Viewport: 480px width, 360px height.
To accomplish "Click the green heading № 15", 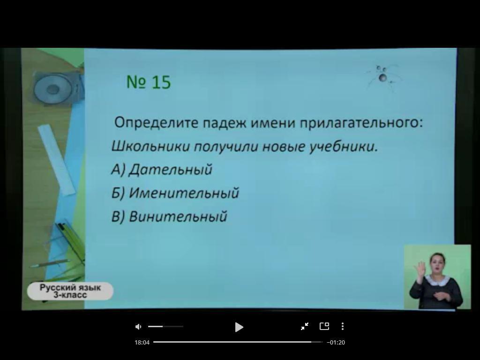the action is click(149, 82).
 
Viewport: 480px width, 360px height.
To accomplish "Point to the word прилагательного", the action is click(361, 123).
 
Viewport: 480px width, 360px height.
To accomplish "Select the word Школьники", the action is click(150, 146).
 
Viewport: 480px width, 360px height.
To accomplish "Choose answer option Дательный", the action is click(162, 170).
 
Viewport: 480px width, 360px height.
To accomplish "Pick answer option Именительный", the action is click(175, 193).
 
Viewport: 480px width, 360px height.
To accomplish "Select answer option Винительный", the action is click(169, 217).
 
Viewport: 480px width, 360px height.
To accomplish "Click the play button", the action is click(239, 327).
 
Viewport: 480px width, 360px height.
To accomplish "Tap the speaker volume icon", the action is click(138, 327).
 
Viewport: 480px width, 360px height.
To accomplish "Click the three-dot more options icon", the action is click(343, 326).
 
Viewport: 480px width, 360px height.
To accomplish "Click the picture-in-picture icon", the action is click(324, 326).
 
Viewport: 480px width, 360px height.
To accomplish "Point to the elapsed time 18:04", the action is click(142, 342).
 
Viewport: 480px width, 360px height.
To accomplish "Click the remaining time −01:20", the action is click(336, 342).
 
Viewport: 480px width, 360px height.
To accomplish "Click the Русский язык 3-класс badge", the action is click(70, 291).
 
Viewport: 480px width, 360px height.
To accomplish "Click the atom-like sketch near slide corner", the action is click(382, 78).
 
